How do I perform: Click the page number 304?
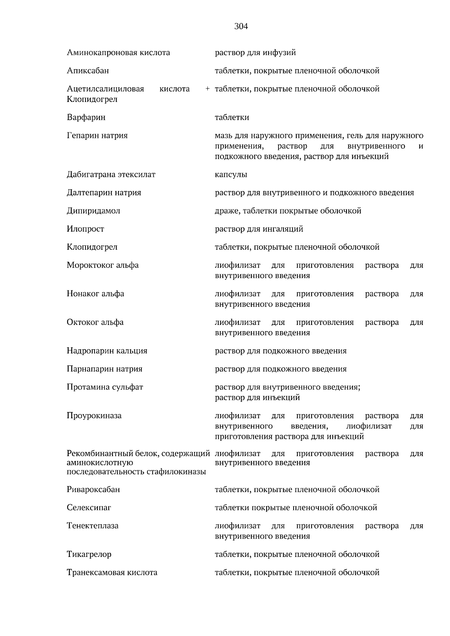coord(241,27)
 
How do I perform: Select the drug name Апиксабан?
coord(88,71)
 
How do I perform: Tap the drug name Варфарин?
coord(86,118)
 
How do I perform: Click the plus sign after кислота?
coord(207,89)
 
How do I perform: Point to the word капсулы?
coord(231,175)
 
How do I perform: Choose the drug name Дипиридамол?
coord(93,211)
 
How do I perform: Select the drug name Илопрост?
coord(85,229)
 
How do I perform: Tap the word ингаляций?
coord(285,229)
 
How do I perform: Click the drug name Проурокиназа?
coord(94,416)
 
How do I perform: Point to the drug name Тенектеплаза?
coord(92,526)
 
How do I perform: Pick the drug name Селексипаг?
coord(89,508)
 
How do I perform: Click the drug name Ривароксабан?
coord(93,490)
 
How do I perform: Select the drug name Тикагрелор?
coord(89,554)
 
